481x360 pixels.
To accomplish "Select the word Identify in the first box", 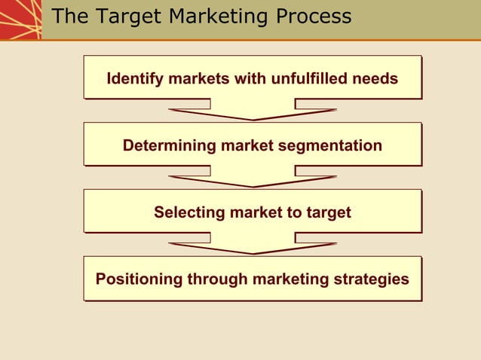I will (133, 78).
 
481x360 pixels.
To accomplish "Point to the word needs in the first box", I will (376, 78).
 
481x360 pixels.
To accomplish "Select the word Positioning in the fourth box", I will (139, 279).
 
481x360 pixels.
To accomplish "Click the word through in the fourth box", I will (216, 279).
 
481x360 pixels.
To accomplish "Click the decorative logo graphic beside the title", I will (20, 20).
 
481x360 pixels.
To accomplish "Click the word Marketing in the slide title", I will (214, 17).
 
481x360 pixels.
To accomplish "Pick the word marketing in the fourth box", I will (290, 279).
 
